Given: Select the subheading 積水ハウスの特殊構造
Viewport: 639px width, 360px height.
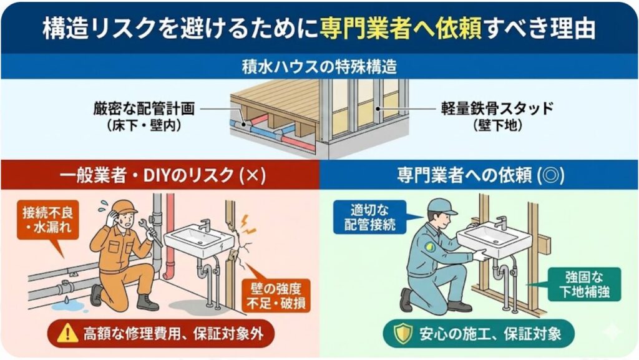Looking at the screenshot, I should click(319, 66).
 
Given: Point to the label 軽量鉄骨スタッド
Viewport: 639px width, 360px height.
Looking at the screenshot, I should click(497, 109).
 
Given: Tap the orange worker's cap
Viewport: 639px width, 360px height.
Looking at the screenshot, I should click(124, 207).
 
